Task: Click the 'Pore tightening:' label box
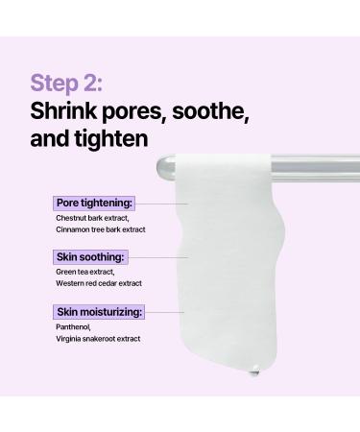click(93, 204)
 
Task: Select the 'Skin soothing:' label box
click(89, 257)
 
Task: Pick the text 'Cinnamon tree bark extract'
click(99, 230)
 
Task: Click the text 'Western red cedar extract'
click(98, 284)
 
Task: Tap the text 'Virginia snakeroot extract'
click(98, 339)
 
